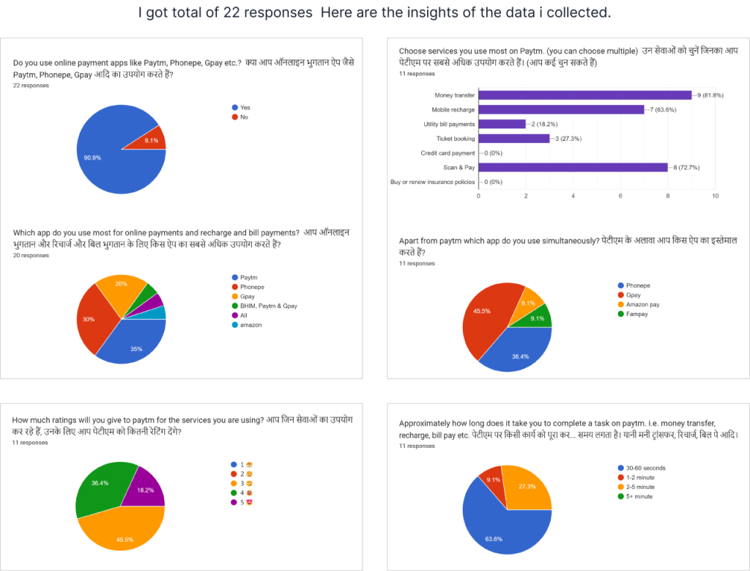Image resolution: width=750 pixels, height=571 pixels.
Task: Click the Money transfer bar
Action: (584, 95)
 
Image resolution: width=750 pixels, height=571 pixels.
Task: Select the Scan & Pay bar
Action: (573, 167)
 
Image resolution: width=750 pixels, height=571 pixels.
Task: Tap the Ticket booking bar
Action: (513, 138)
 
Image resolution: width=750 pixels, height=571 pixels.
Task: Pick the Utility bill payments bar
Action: (502, 124)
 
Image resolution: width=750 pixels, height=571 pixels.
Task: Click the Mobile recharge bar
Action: (561, 109)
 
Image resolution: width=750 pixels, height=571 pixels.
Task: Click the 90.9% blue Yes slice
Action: (110, 154)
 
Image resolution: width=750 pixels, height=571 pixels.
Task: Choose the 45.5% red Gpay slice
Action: (483, 315)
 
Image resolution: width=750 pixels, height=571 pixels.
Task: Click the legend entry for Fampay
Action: (636, 314)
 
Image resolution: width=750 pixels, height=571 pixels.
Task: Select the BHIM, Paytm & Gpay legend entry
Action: (267, 306)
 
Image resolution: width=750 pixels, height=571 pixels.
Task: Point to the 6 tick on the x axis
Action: (620, 196)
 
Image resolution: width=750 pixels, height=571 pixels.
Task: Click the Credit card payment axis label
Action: (447, 153)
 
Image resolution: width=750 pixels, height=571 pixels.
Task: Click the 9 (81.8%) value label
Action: (710, 95)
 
